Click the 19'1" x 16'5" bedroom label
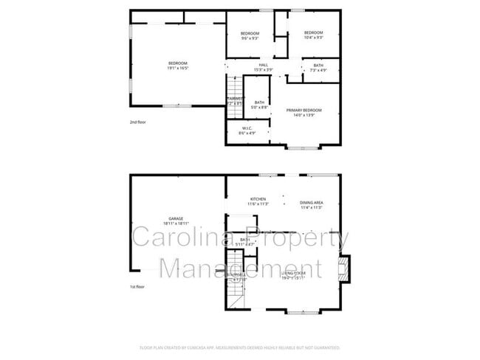[x=178, y=66]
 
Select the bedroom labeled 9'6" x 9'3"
[x=250, y=35]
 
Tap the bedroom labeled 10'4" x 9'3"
[x=313, y=35]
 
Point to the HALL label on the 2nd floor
[x=263, y=67]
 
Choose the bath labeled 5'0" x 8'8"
[x=259, y=105]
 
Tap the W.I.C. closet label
[x=246, y=131]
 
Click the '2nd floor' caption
[x=138, y=122]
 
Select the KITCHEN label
[x=258, y=201]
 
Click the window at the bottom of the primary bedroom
[x=304, y=148]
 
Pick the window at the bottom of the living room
[x=304, y=312]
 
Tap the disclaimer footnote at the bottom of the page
[x=240, y=347]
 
